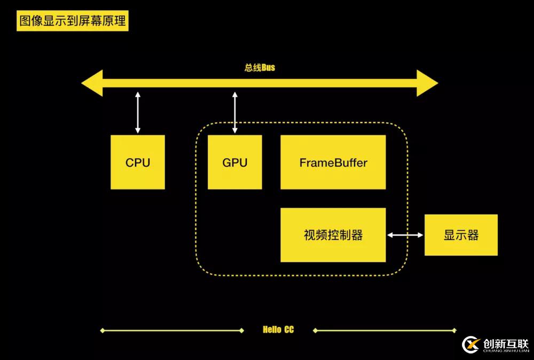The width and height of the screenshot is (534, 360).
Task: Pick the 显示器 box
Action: point(461,235)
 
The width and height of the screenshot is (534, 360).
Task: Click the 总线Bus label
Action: point(260,68)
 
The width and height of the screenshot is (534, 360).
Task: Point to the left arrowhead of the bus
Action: point(92,83)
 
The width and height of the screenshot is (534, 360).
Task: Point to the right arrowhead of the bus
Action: point(427,83)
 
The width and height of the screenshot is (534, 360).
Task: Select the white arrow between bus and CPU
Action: point(138,112)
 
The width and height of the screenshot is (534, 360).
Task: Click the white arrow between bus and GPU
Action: point(234,112)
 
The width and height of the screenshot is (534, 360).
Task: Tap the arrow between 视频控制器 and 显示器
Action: point(405,235)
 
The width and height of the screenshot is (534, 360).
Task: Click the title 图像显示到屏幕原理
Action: point(73,21)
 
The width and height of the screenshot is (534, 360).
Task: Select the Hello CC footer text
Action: point(278,330)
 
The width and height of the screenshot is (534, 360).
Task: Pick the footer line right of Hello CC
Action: point(384,331)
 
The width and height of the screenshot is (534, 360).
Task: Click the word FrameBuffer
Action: point(333,162)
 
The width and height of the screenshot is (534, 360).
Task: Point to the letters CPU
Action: point(138,162)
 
